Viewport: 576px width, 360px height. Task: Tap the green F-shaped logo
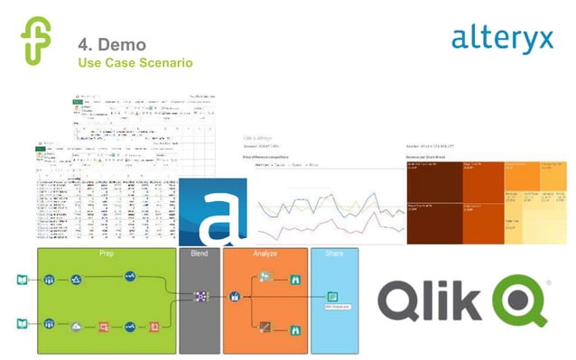point(36,40)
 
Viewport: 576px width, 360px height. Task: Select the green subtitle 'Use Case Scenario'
point(135,62)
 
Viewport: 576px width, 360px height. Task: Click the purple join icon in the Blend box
point(200,295)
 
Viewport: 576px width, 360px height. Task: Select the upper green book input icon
point(23,279)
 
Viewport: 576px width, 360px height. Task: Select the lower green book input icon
point(23,323)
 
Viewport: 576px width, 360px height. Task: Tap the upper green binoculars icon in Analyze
point(294,280)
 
